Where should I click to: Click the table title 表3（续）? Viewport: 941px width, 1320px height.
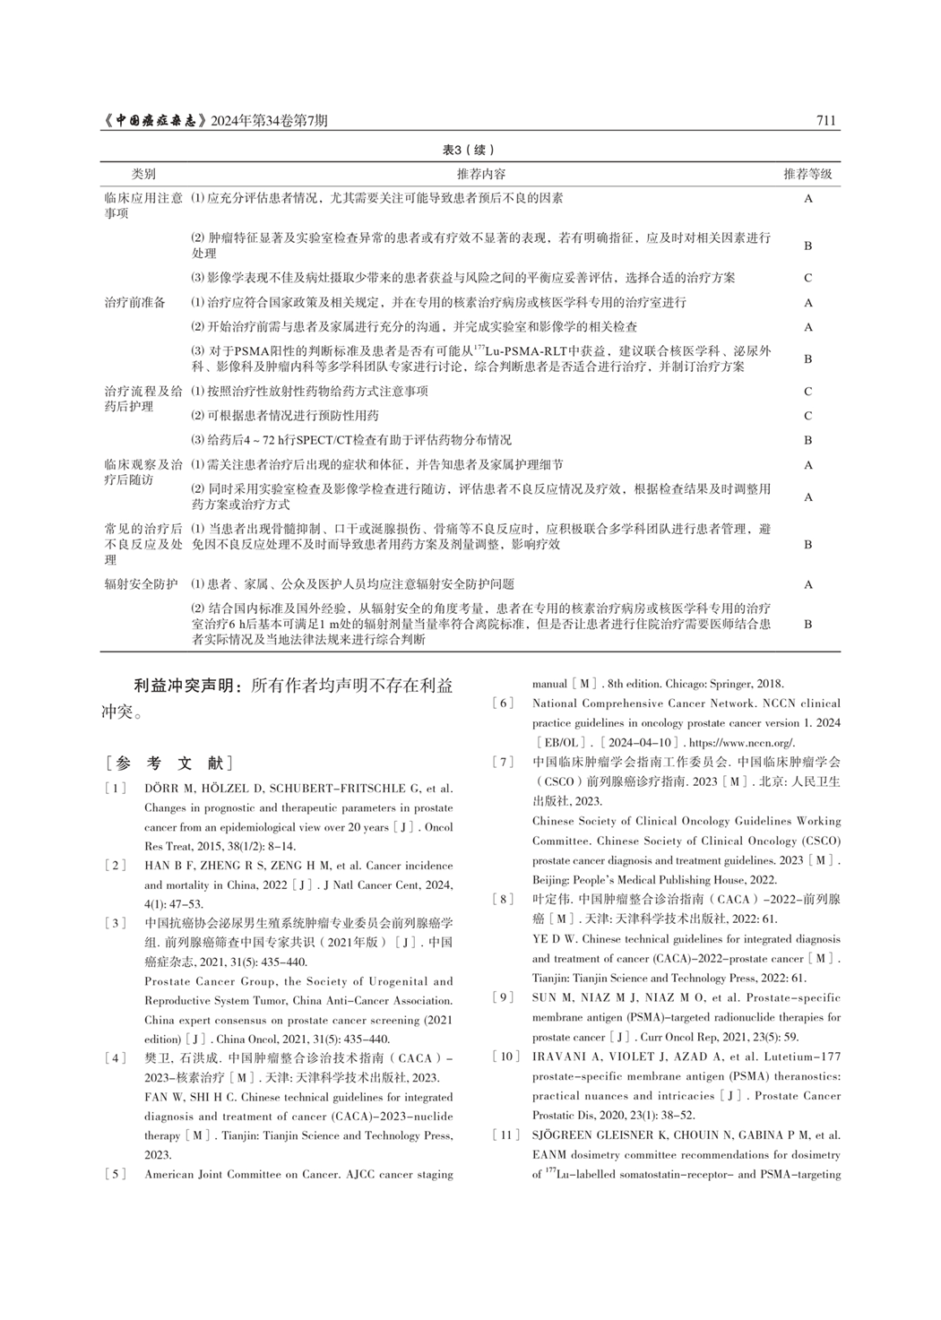[469, 150]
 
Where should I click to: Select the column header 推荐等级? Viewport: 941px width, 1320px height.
[807, 174]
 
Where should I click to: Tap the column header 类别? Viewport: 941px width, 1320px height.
[143, 174]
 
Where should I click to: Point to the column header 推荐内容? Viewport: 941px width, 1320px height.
[480, 174]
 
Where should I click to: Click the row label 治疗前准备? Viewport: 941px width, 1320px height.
[135, 303]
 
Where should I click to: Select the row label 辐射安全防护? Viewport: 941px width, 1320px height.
[142, 584]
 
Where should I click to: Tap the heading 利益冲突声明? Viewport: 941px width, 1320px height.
[186, 686]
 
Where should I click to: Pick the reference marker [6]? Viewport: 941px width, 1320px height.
[503, 703]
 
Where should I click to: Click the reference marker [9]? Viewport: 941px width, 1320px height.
[503, 997]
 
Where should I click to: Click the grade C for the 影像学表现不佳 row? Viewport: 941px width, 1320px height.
[807, 278]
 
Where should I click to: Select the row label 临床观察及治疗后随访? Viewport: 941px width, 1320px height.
[142, 472]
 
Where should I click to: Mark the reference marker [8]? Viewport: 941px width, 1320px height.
[503, 899]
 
